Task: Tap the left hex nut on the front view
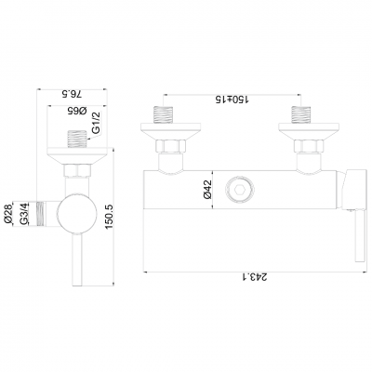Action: tap(168, 146)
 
